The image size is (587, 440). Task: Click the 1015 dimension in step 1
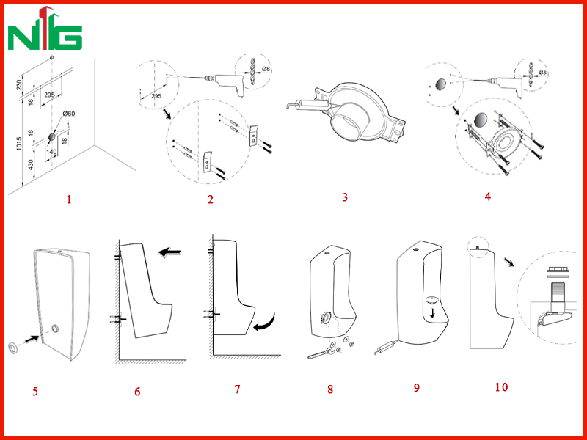[20, 144]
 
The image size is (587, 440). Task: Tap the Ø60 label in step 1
[69, 114]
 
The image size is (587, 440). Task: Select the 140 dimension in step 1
[51, 152]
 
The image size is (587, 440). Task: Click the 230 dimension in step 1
[20, 84]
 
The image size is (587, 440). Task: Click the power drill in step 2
[225, 84]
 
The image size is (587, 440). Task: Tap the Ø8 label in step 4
[543, 73]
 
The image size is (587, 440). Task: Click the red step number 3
[345, 197]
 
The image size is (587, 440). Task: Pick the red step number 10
[501, 387]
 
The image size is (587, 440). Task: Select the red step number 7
[237, 389]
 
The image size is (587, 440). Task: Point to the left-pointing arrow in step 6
[169, 253]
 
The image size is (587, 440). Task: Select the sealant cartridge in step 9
[386, 346]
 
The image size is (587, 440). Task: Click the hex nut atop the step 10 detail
[556, 270]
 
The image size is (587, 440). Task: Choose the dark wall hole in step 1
[51, 137]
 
